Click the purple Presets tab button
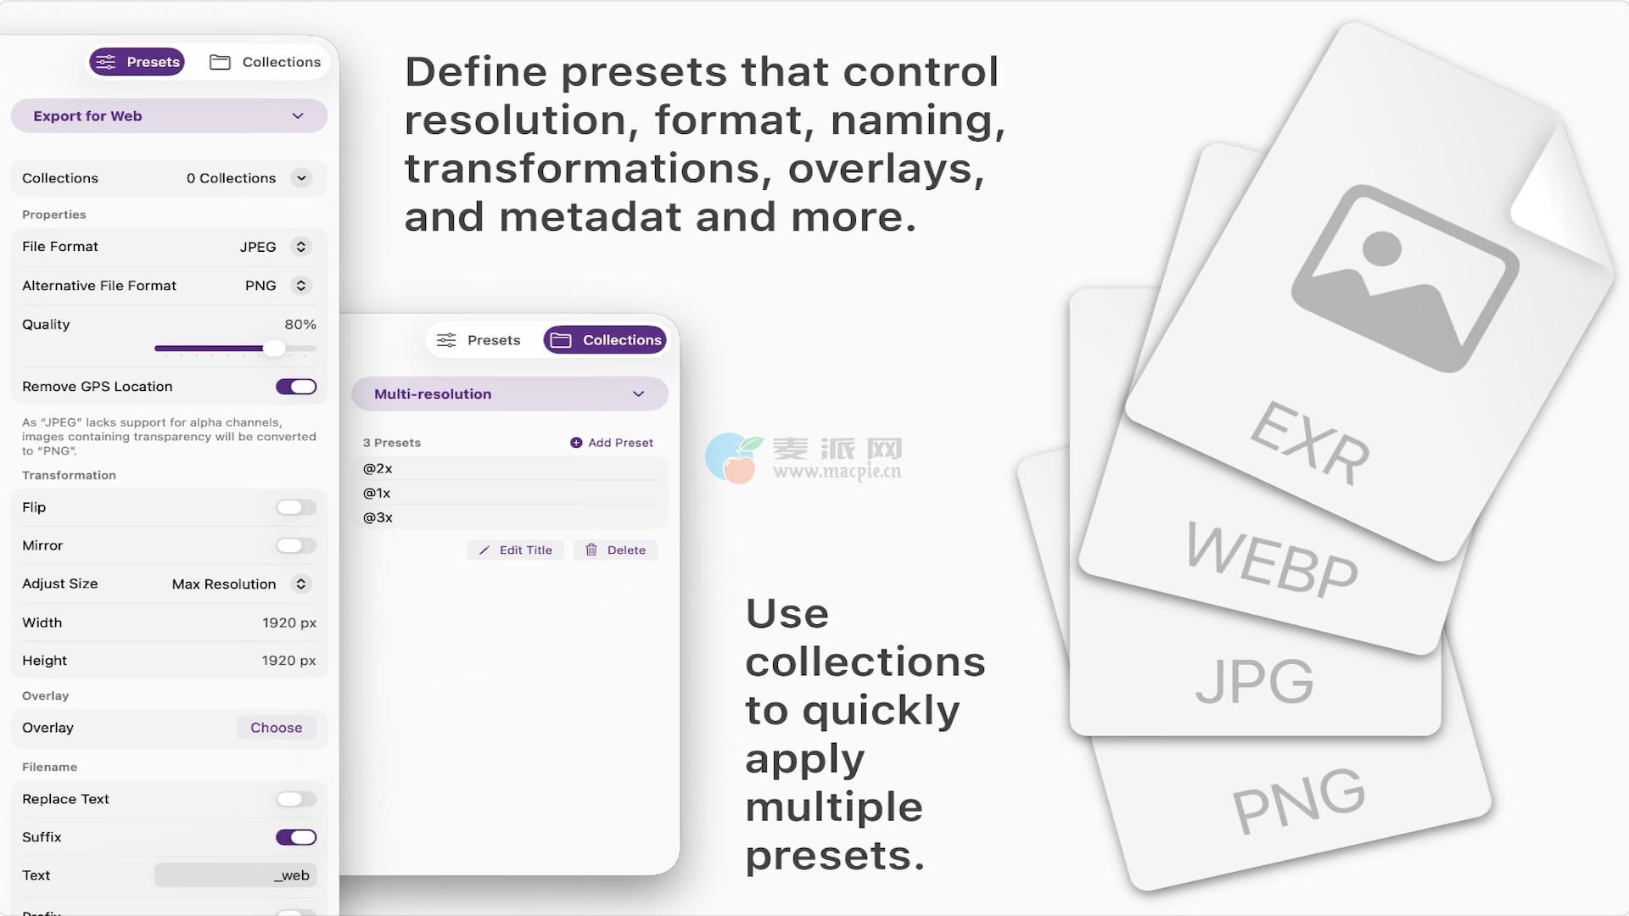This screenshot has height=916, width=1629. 137,62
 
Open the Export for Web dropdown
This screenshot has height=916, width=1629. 169,116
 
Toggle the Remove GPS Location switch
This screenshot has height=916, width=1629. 296,387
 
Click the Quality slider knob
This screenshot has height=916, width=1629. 274,348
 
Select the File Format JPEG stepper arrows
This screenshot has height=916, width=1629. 300,247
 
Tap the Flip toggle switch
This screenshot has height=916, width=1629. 296,507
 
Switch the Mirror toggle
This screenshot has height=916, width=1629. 296,545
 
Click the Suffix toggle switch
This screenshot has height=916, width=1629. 296,837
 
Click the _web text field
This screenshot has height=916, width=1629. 235,875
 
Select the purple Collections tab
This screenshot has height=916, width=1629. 605,340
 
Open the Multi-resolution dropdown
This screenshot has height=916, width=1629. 510,394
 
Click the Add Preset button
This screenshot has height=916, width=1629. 612,443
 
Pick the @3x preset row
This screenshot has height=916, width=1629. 510,517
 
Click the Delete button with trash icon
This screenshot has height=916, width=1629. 615,550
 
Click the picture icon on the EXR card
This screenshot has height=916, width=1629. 1405,278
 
